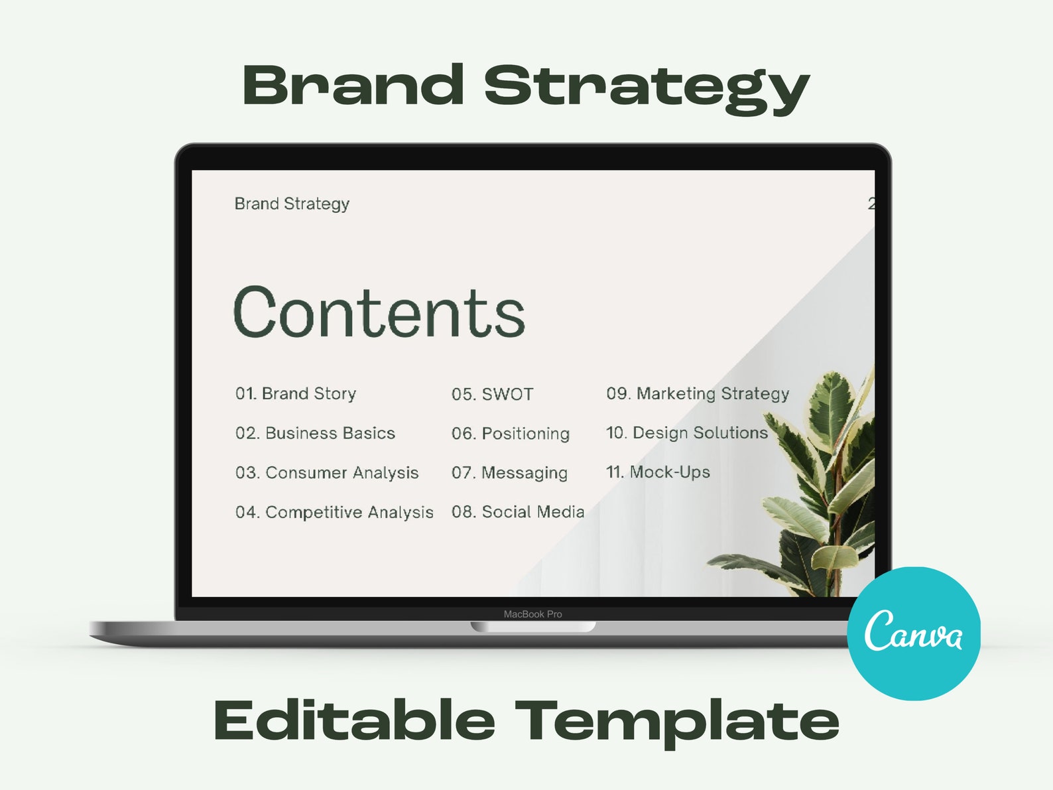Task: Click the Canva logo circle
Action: point(914,633)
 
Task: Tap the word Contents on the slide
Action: point(379,312)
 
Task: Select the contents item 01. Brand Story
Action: point(296,393)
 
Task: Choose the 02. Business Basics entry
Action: point(315,433)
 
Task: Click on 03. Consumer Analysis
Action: point(327,472)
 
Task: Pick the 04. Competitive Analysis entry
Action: point(334,512)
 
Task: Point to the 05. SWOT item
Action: point(492,394)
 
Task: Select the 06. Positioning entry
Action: point(511,433)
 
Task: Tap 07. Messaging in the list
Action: point(509,472)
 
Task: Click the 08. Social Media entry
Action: point(518,512)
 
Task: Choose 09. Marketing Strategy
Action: point(698,393)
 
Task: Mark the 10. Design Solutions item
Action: point(686,432)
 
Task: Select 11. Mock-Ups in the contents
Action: point(658,472)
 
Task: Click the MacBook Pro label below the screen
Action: point(532,614)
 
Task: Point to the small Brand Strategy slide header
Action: point(292,204)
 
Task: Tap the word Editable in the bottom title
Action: point(354,720)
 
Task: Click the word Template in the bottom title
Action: point(677,722)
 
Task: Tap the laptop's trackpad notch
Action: point(532,626)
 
